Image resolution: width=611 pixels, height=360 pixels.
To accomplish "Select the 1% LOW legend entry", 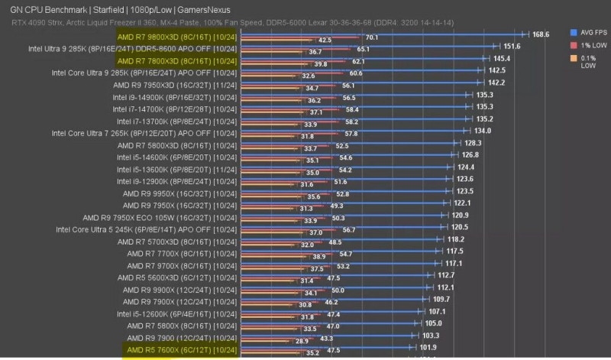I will [590, 46].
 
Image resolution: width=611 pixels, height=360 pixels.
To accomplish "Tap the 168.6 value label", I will [541, 34].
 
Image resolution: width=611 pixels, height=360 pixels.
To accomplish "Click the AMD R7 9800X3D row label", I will [177, 36].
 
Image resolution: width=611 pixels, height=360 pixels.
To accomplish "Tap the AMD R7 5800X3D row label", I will [181, 144].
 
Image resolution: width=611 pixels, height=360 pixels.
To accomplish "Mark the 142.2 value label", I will [496, 83].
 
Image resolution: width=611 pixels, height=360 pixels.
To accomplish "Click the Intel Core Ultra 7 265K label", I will [145, 132].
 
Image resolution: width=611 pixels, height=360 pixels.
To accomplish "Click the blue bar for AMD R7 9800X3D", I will [382, 34].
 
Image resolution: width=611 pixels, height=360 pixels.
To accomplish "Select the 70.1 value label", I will [372, 37].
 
